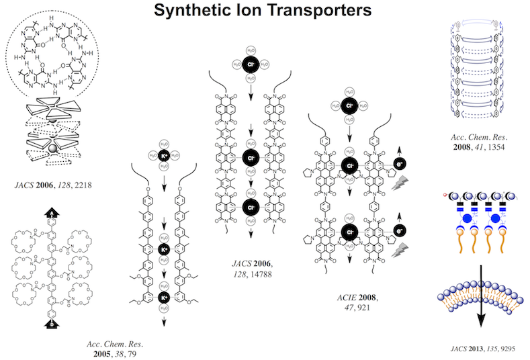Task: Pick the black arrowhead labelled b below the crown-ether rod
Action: tap(51, 324)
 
